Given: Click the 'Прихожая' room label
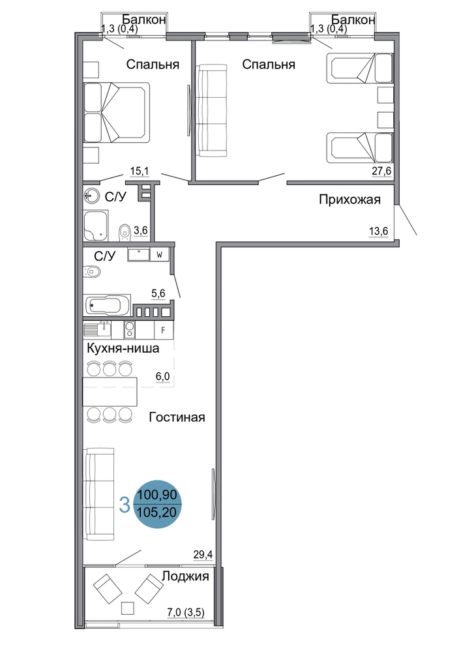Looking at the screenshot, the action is tap(349, 200).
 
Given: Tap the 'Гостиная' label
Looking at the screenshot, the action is tap(177, 417).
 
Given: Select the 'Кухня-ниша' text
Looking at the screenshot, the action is tap(123, 348).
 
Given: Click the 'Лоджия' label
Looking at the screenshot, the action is tap(185, 577).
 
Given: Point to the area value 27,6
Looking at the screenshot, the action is tap(381, 171).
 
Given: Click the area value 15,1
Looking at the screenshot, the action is tap(140, 171).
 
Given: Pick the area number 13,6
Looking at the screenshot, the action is tap(379, 231).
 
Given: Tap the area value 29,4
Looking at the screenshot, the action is tap(203, 554).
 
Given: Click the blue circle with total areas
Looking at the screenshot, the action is tap(158, 503).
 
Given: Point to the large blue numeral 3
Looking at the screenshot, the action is tap(125, 505).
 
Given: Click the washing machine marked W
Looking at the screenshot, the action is tap(160, 255).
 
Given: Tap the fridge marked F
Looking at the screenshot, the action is tap(164, 331).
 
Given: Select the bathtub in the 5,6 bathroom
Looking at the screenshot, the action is tap(107, 306).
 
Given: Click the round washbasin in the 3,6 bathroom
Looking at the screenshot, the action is tap(91, 195).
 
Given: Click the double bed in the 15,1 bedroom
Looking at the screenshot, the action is tap(117, 113).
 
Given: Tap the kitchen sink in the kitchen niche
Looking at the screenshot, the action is tap(98, 330).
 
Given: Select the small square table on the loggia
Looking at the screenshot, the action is tap(128, 608).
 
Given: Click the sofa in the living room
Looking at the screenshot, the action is tap(99, 494).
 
